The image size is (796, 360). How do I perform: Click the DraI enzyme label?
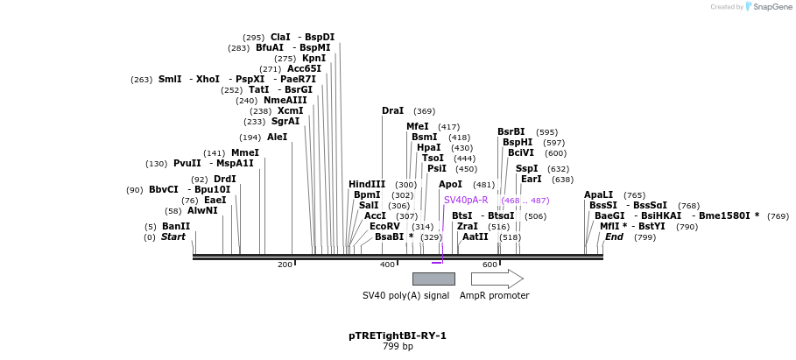point(392,111)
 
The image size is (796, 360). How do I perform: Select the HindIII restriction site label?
point(367,184)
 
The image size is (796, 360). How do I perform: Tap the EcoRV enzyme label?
point(384,226)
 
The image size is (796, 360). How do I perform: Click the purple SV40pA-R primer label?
point(466,201)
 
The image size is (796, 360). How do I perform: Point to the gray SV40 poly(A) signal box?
point(433,279)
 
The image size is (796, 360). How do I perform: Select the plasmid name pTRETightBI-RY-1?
point(398,335)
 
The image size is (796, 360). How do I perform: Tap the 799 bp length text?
point(398,347)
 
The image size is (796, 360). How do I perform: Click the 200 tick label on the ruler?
point(285,264)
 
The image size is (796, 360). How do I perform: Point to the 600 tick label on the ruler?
point(490,264)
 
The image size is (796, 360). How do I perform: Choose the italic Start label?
point(173,236)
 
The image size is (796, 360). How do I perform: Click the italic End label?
point(614,236)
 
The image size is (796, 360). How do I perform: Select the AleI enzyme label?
point(277,137)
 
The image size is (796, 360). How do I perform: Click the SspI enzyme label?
point(526,168)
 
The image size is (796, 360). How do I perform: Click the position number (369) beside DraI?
point(424,111)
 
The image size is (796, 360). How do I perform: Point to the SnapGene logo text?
point(768,7)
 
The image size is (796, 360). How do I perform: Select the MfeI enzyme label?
point(418,126)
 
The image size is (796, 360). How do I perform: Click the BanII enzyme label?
point(176,226)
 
